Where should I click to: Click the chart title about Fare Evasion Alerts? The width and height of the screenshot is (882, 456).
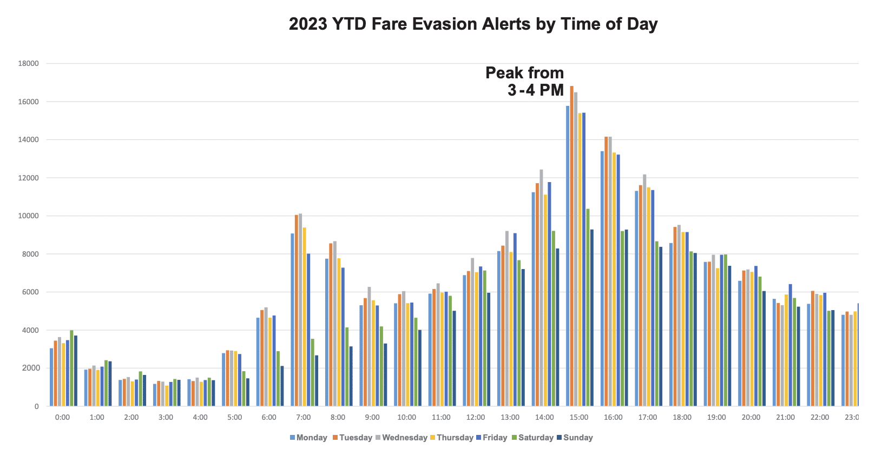pyautogui.click(x=473, y=24)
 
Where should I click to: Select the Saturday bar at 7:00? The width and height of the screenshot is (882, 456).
pyautogui.click(x=312, y=372)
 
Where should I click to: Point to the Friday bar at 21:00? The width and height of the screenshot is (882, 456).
pyautogui.click(x=790, y=345)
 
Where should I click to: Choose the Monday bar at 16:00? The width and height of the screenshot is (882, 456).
pyautogui.click(x=602, y=279)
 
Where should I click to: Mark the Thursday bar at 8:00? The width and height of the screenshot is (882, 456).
pyautogui.click(x=339, y=332)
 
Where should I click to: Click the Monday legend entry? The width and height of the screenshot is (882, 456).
pyautogui.click(x=308, y=438)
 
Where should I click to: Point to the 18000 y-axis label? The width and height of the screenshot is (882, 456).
pyautogui.click(x=29, y=64)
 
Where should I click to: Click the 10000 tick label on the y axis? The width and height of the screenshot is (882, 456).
pyautogui.click(x=29, y=216)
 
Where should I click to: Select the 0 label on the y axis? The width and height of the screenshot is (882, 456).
pyautogui.click(x=37, y=406)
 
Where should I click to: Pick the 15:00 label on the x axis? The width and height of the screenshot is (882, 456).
pyautogui.click(x=579, y=418)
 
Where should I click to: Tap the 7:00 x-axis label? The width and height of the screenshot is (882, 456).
pyautogui.click(x=304, y=418)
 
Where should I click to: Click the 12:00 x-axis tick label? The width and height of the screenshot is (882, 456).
pyautogui.click(x=476, y=418)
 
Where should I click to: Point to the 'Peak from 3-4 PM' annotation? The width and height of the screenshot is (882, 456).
pyautogui.click(x=524, y=82)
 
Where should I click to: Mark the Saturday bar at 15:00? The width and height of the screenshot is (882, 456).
pyautogui.click(x=588, y=307)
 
